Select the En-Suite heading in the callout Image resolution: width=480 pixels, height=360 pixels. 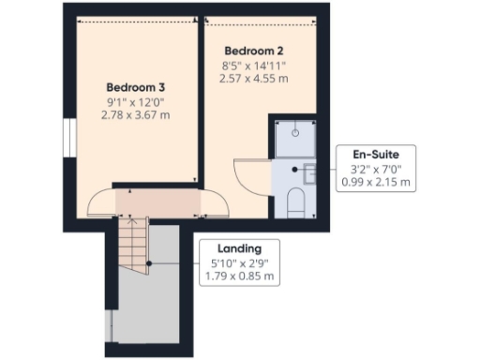[375, 154]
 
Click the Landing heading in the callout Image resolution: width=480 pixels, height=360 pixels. [238, 248]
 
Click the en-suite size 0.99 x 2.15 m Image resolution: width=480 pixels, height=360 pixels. [375, 182]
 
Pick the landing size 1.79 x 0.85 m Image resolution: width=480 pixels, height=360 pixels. [238, 277]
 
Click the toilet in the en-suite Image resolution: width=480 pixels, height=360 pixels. [294, 200]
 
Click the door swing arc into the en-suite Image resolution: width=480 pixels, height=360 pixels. [249, 173]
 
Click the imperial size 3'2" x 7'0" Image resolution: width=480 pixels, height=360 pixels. [375, 169]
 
